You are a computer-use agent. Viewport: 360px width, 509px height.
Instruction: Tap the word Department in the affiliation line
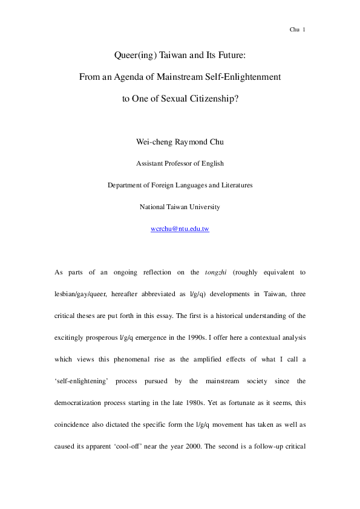(x=125, y=185)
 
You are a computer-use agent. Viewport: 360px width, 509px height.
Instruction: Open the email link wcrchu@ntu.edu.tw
(x=180, y=229)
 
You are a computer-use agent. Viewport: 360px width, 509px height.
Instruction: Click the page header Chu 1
(x=298, y=28)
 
